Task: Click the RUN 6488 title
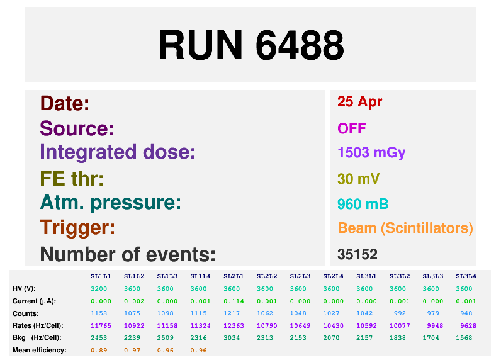[250, 45]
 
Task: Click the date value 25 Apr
[359, 102]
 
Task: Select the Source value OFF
[352, 128]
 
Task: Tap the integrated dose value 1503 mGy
[371, 153]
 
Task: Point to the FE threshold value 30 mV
[359, 179]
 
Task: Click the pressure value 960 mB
[363, 204]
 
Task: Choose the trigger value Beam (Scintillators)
[405, 228]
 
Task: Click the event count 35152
[357, 254]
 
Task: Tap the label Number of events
[128, 254]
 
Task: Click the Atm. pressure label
[111, 203]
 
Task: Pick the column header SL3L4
[466, 276]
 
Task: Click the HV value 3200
[99, 288]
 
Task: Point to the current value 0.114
[233, 301]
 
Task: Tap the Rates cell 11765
[101, 325]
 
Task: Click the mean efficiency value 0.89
[99, 350]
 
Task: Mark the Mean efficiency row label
[39, 350]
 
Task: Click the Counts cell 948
[466, 313]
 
